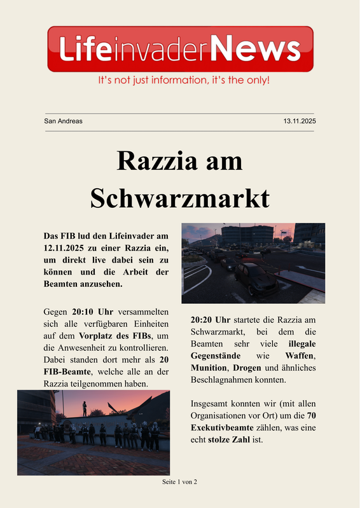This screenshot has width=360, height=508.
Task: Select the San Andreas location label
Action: pos(63,121)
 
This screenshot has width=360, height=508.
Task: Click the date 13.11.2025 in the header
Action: pos(300,121)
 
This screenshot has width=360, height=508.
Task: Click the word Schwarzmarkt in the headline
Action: pos(180,198)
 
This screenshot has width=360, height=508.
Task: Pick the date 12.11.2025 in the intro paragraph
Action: pos(68,248)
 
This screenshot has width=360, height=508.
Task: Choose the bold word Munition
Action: pos(209,367)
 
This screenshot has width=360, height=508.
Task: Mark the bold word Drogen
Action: pos(247,367)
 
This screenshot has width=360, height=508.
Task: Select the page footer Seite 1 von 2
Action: pos(180,482)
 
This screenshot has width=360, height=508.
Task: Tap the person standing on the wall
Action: pos(84,409)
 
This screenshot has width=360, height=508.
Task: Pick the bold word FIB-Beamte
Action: pos(67,372)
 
